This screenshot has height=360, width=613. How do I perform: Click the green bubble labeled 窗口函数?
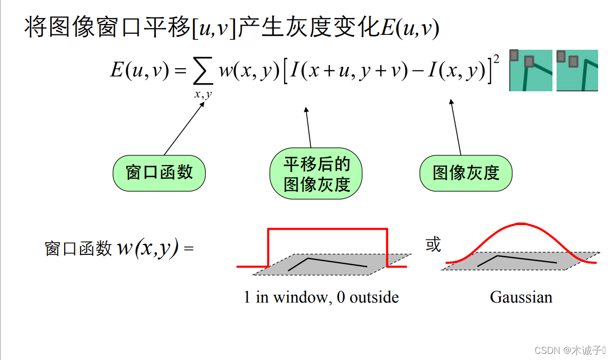click(x=159, y=172)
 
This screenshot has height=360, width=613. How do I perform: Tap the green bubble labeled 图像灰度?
click(x=466, y=173)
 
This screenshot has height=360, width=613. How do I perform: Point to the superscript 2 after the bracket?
click(x=496, y=60)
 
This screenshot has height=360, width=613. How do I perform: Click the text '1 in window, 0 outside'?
click(x=321, y=297)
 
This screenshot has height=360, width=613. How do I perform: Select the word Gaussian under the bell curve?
click(x=521, y=297)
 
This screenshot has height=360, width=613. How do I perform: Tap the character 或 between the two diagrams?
click(x=433, y=245)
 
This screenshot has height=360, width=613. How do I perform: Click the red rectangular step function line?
click(x=327, y=229)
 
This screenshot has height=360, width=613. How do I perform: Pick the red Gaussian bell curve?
click(x=521, y=224)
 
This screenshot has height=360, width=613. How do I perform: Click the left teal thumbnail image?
click(x=530, y=70)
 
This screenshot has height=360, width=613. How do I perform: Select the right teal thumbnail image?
click(x=577, y=70)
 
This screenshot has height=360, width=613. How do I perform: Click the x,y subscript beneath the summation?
click(x=203, y=94)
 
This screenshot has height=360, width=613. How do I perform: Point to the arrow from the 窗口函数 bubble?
click(x=185, y=128)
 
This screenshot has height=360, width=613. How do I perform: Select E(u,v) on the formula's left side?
click(x=140, y=70)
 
